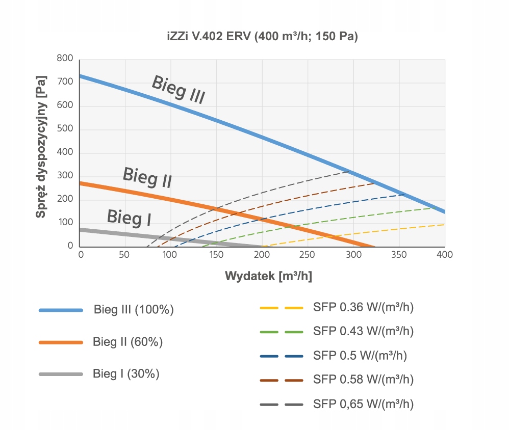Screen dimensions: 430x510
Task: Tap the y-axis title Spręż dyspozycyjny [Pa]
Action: pos(42,147)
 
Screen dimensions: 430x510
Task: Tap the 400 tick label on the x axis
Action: pos(445,254)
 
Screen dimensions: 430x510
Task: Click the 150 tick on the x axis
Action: pos(217,254)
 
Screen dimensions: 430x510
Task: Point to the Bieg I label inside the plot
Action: pos(129,218)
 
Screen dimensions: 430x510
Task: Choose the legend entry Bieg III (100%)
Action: pos(134,310)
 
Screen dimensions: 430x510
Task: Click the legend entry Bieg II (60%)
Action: pos(127,342)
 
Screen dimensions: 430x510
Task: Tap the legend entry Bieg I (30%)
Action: pos(126,373)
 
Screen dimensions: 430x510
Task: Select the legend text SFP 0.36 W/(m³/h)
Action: pos(363,307)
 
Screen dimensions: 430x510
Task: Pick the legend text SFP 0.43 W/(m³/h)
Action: pos(363,331)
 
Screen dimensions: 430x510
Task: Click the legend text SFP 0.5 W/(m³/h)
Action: pos(360,355)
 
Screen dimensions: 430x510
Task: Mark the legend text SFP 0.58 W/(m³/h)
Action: pos(363,379)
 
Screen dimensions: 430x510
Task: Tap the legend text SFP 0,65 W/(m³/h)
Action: pos(363,404)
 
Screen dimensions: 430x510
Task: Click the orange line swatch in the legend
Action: pos(61,342)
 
